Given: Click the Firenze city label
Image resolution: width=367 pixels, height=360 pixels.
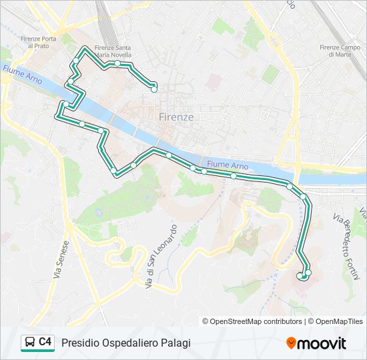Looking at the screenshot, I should point(177,117).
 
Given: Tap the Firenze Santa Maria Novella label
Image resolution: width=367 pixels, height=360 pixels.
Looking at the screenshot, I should point(113,51).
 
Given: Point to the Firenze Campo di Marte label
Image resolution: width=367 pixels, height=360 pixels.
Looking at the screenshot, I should point(340,51).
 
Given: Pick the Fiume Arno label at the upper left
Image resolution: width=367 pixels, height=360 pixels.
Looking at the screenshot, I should point(23,75).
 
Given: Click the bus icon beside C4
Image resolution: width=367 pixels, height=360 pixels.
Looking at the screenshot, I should point(29,342).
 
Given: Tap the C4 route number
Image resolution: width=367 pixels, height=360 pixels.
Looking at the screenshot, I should point(45,342).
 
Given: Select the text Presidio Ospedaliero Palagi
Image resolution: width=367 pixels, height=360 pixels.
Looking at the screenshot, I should point(126,343).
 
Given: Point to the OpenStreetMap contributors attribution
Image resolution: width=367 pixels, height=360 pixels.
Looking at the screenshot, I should point(252,321).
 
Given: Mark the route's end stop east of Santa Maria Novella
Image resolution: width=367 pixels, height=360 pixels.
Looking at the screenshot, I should point(154,87).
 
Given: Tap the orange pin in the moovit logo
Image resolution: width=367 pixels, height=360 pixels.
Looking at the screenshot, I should point(291,343).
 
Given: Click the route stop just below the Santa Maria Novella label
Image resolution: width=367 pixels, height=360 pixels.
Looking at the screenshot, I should point(117,63).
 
